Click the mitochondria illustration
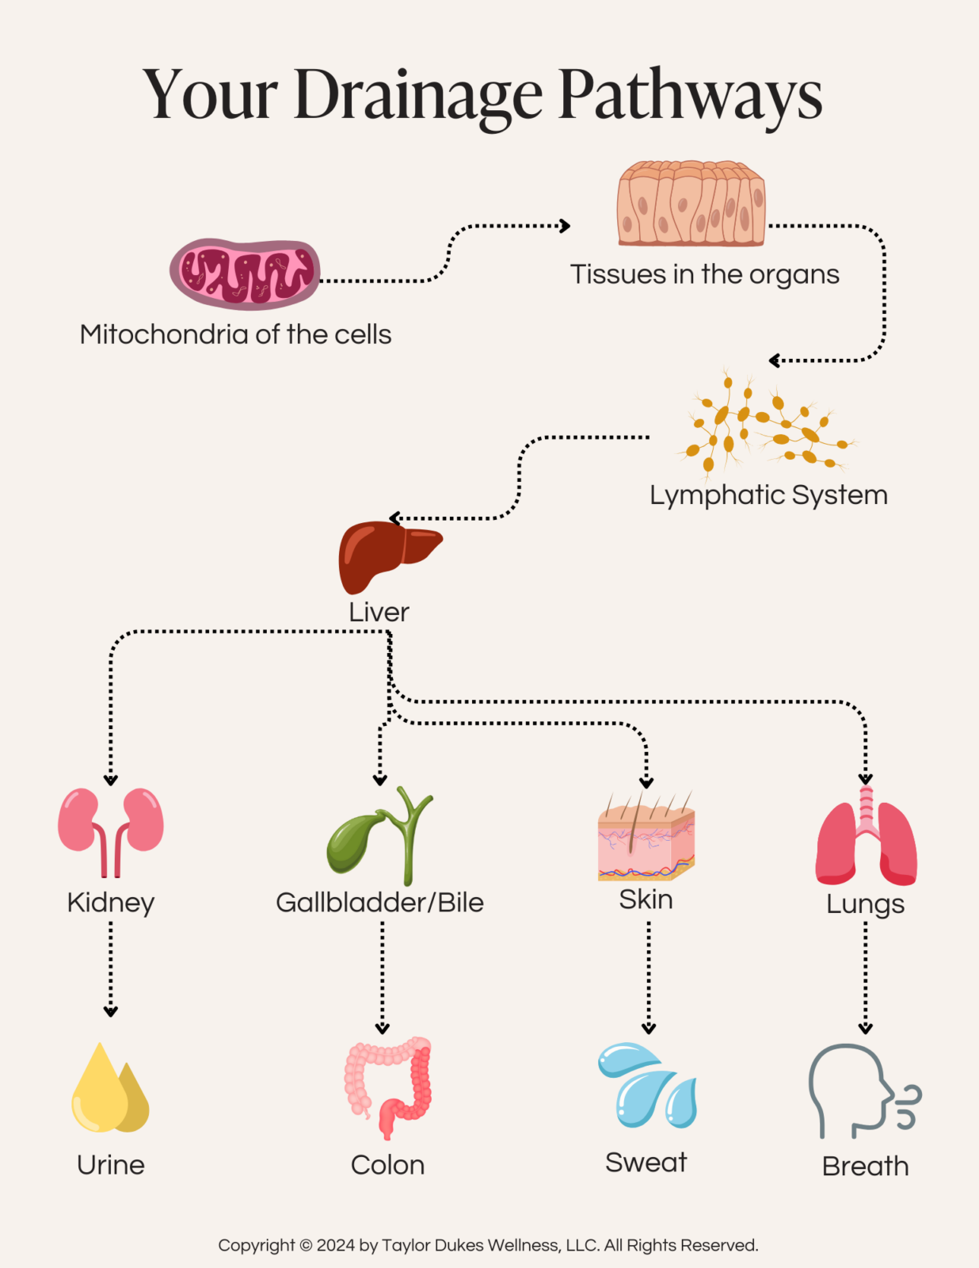[x=245, y=274]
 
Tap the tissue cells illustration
[x=691, y=204]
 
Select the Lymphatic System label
[x=768, y=495]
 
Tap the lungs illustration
[x=866, y=839]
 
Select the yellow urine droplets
[x=110, y=1090]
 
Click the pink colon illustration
[x=389, y=1086]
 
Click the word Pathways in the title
[x=691, y=95]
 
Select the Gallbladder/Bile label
[x=379, y=903]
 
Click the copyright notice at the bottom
[x=488, y=1245]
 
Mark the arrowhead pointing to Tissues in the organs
[x=565, y=226]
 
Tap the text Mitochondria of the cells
[x=235, y=334]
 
